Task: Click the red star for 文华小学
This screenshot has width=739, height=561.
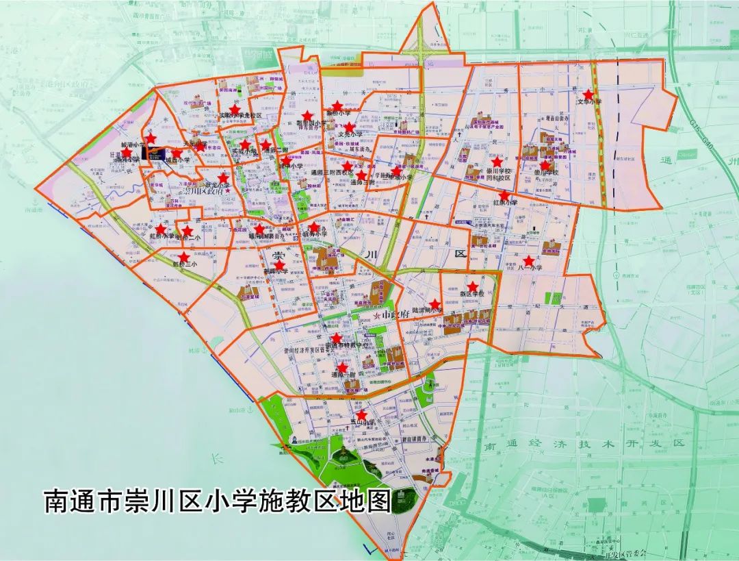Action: tap(588, 94)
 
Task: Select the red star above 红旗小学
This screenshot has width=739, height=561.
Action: tap(504, 195)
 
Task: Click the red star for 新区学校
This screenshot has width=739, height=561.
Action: tap(472, 287)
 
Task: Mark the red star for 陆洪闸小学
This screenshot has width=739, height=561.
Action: tap(434, 304)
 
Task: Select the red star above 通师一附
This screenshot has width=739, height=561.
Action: tap(342, 367)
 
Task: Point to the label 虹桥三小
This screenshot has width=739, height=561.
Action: tap(184, 264)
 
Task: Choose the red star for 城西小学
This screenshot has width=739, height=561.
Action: tap(177, 153)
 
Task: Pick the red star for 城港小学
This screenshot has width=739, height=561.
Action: tap(151, 139)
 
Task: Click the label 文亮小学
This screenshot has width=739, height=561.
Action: tap(350, 136)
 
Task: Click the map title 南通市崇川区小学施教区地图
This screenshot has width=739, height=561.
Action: tap(218, 500)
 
